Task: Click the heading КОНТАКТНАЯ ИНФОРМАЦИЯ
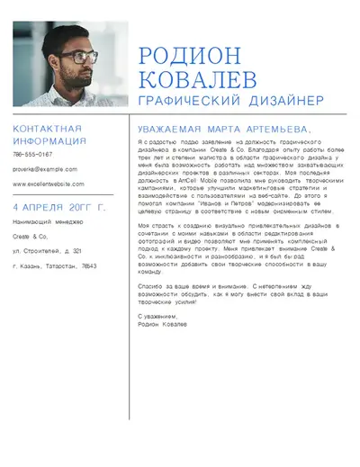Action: click(x=49, y=135)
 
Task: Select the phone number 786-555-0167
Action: click(x=32, y=155)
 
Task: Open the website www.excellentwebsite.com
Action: click(x=49, y=184)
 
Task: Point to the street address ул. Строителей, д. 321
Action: click(x=47, y=251)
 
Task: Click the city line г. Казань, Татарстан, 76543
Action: click(x=54, y=266)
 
